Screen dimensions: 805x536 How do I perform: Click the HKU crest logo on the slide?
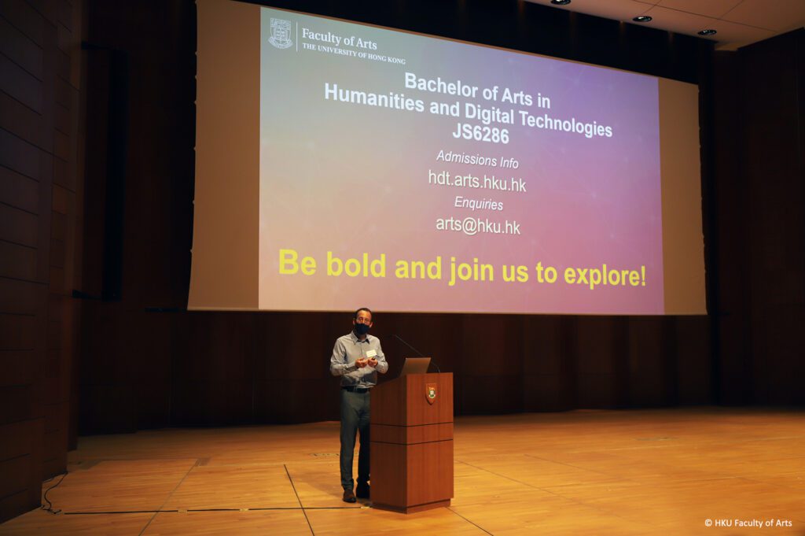coord(281,34)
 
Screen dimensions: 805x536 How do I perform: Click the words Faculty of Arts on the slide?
coord(340,39)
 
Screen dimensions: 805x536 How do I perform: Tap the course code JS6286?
coord(480,134)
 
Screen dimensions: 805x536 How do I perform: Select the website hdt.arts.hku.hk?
coord(477,181)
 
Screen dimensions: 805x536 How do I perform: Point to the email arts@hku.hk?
coord(478,225)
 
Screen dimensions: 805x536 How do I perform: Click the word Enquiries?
coord(479,204)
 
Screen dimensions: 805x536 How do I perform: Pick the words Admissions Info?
coord(477,159)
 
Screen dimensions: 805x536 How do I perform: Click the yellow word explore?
coord(605,275)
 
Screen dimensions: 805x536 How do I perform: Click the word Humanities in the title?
coord(374,98)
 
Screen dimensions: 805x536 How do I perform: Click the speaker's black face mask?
coord(362,328)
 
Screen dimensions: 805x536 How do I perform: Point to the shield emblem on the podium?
coord(431,393)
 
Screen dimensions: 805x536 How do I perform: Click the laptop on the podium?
coord(415,366)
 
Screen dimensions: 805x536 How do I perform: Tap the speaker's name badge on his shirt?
coord(371,353)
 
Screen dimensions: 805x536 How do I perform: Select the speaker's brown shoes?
coord(355,493)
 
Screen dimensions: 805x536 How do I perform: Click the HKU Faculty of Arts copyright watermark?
coord(748,523)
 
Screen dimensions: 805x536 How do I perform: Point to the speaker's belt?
coord(356,390)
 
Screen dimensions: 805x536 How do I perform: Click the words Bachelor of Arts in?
coord(477,91)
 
